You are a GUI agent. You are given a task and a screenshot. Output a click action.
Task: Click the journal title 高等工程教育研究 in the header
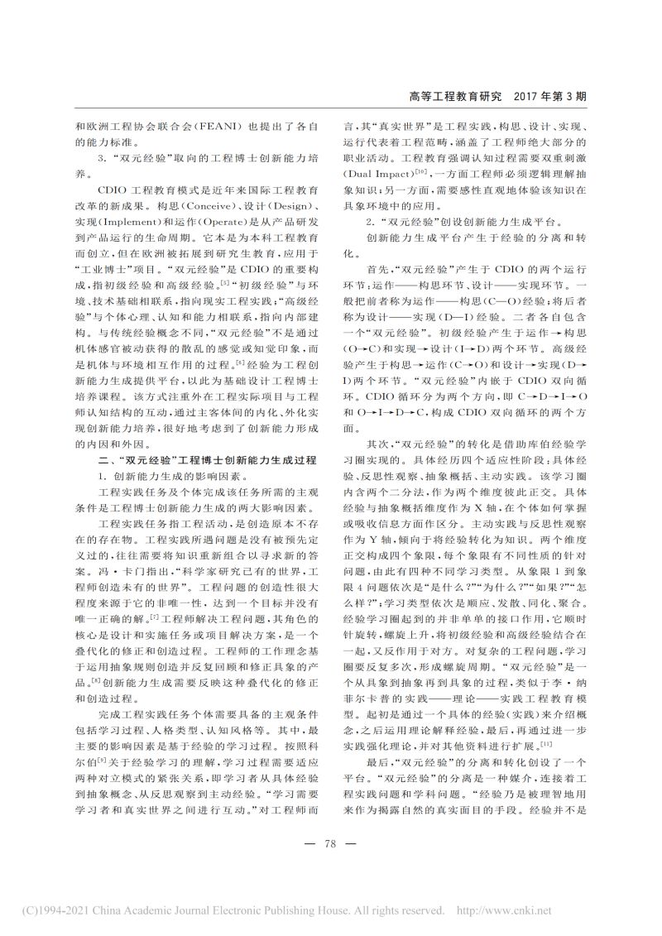point(456,97)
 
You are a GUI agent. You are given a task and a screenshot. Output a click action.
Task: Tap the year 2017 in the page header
point(529,97)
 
